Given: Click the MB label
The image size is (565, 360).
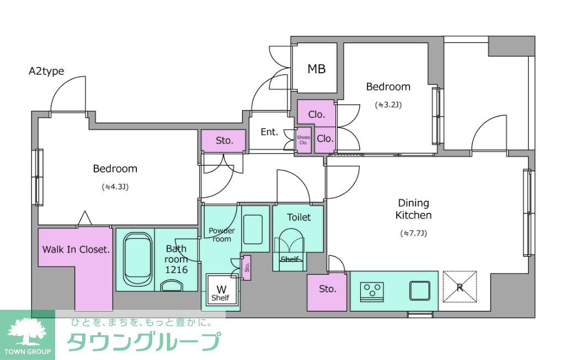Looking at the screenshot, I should click(x=317, y=69).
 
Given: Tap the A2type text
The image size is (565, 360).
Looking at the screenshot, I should click(x=46, y=71).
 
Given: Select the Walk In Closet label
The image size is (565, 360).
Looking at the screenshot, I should click(x=76, y=249).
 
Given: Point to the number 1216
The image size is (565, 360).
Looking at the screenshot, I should click(x=177, y=270).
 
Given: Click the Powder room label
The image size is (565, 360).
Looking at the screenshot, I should click(x=221, y=235).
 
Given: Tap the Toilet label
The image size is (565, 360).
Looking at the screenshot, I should click(x=299, y=217).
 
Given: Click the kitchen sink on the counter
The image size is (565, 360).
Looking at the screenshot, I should click(x=419, y=290).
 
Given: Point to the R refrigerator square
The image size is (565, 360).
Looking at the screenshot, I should click(x=460, y=287).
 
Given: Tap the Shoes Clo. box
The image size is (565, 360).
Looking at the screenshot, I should click(x=303, y=139).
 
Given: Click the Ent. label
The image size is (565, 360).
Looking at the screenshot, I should click(x=269, y=132).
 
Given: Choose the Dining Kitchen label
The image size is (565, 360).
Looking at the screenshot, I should click(x=413, y=209).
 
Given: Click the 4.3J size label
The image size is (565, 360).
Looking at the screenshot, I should click(x=115, y=187).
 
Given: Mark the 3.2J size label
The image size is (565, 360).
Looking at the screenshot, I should click(x=388, y=104).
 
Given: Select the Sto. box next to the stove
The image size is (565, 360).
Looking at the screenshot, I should click(x=328, y=289).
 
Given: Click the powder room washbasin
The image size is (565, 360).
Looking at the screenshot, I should click(x=255, y=229).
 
